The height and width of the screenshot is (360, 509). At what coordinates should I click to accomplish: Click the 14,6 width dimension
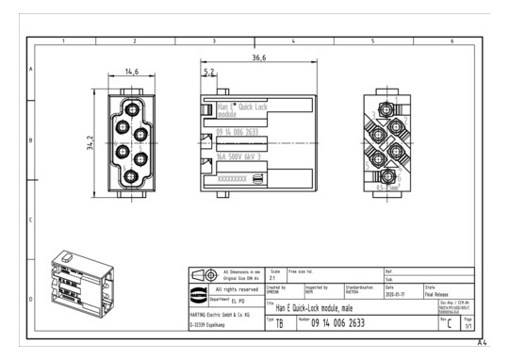[x=131, y=72]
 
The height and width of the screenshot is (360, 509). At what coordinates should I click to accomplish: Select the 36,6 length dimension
[x=258, y=58]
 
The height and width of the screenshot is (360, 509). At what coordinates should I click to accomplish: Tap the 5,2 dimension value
[x=208, y=72]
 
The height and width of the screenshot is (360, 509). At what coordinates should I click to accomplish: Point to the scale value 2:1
[x=274, y=278]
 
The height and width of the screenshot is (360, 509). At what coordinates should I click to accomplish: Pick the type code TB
[x=279, y=323]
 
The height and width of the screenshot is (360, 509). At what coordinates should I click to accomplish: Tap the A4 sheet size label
[x=482, y=342]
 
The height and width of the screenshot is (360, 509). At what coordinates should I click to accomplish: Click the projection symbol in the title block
[x=205, y=275]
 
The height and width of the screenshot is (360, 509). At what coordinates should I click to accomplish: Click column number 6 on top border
[x=452, y=41]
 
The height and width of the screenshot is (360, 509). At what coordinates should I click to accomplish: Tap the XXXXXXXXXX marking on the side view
[x=233, y=177]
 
